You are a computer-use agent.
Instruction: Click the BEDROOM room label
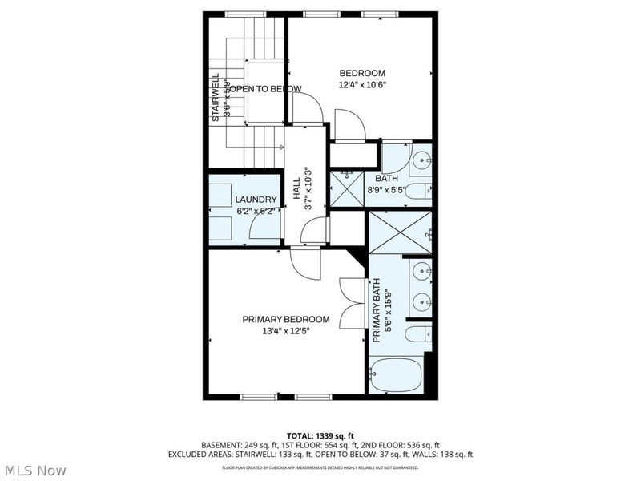[x=361, y=73]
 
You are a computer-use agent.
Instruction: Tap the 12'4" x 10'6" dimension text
[x=361, y=85]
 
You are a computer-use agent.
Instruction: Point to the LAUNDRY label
[x=256, y=200]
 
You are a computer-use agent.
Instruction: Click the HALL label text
[x=296, y=193]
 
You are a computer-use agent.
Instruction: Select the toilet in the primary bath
[x=417, y=333]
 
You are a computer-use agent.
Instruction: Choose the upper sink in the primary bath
[x=422, y=272]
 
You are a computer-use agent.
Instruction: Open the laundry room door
[x=264, y=228]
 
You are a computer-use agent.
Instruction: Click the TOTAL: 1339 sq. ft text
[x=320, y=435]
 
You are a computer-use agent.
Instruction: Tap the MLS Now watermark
[x=35, y=471]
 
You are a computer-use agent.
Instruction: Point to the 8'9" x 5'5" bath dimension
[x=387, y=190]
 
